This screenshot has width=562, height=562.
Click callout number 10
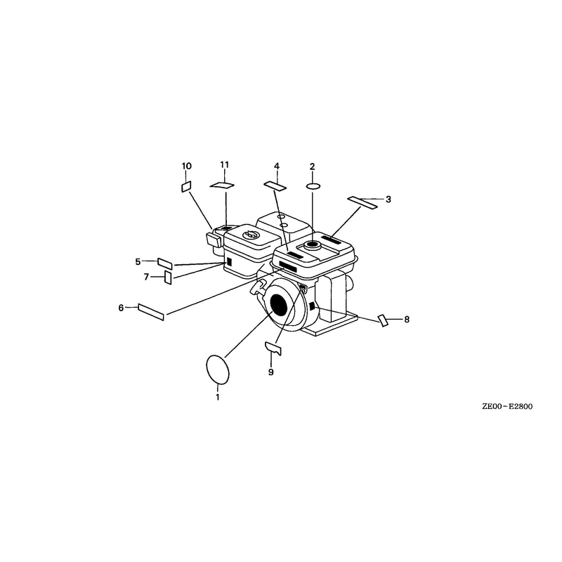coord(187,166)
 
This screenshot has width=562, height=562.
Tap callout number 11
coord(224,164)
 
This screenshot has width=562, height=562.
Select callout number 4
coord(277,166)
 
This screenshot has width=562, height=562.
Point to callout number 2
coord(312,166)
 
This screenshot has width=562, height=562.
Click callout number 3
coord(388,200)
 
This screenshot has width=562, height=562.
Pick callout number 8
coord(407,320)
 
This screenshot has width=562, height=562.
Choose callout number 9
coord(271,372)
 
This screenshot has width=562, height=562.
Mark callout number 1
coord(218,397)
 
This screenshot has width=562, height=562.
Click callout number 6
coord(121,308)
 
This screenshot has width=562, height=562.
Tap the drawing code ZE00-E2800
coord(507,407)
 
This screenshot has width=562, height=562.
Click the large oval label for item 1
coord(218,370)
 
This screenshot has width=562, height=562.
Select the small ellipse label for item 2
coord(313,186)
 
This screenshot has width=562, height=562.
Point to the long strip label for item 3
coord(362,202)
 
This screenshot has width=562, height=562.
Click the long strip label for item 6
coord(151,312)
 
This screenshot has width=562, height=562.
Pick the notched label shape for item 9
coord(273,348)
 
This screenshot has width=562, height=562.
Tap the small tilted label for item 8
coord(383,320)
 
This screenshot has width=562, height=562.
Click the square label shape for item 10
coord(186,186)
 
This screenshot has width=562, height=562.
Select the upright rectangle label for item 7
coord(168,277)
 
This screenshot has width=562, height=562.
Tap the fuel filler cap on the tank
coord(313,245)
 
